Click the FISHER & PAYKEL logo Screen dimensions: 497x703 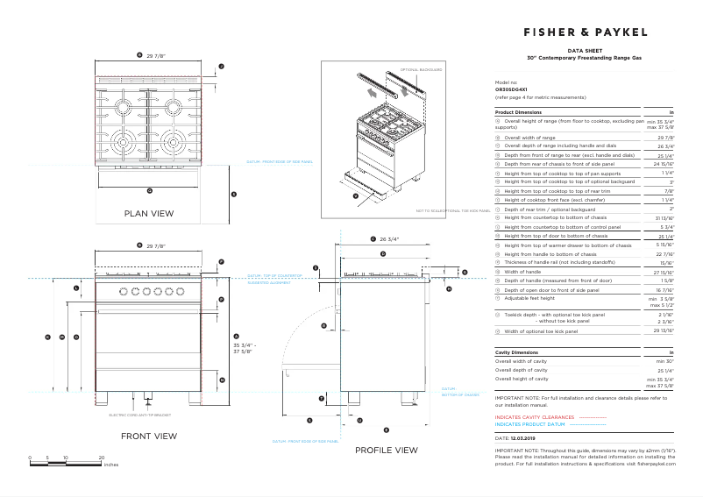click(586, 32)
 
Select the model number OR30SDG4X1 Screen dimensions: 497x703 click(511, 89)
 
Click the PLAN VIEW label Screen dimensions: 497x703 click(149, 213)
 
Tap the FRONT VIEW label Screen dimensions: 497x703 click(149, 436)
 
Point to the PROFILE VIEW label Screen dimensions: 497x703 click(386, 450)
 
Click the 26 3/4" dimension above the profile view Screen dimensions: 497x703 click(389, 238)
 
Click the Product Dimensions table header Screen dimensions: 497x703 click(518, 112)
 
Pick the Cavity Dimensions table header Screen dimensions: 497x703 click(516, 351)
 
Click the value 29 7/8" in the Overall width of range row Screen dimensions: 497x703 click(665, 138)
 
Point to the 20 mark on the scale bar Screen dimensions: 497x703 click(102, 458)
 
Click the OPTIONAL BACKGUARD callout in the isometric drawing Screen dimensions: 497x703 click(422, 68)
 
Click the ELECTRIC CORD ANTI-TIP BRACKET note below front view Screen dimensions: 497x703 click(139, 415)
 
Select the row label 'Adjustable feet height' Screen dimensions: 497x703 click(530, 298)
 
